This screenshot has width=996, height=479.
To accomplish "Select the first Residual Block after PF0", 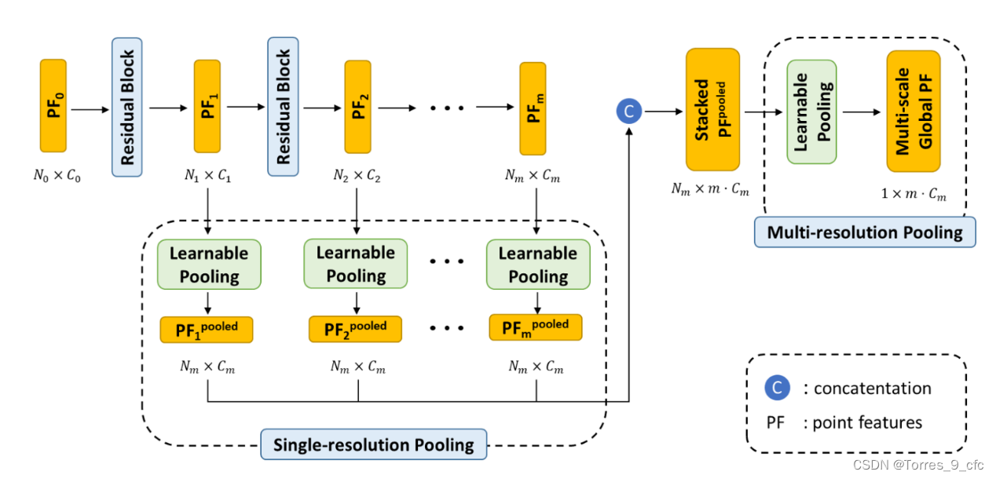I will pos(127,107).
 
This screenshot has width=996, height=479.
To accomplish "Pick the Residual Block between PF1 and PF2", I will pos(284,107).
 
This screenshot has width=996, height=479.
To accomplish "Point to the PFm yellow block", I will pos(533,109).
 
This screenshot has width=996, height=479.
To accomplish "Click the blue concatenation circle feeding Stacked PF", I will pos(628,112).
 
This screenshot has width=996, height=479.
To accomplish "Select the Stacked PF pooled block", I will pos(712,109).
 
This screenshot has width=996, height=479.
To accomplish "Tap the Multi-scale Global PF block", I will pos(914,111).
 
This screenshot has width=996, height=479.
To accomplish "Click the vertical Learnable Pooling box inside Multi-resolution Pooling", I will pos(811,112).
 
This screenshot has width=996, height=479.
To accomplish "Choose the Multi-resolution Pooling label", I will pos(864,232).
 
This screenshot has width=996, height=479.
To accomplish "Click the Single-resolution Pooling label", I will pos(373,445).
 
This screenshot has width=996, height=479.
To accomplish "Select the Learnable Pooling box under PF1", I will pos(209,265).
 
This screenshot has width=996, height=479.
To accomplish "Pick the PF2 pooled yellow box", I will pos(355,329).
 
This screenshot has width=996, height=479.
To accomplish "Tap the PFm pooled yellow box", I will pos(536,327).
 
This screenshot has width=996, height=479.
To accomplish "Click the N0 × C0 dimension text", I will pos(57,176).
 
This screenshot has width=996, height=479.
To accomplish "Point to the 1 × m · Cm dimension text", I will pos(914,195).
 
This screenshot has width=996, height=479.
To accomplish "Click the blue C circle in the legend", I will pos(777,388).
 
